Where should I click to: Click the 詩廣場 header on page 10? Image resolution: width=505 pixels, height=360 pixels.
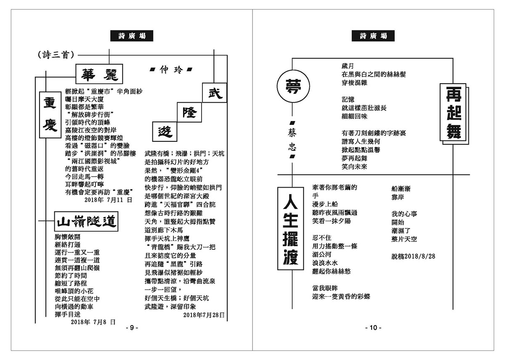click(373, 36)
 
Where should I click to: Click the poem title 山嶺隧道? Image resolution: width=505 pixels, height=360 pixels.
click(86, 221)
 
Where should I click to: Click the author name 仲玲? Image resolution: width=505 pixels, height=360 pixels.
click(170, 70)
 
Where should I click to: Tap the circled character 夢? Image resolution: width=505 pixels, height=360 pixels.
click(293, 84)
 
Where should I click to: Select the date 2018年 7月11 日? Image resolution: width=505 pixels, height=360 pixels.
click(108, 200)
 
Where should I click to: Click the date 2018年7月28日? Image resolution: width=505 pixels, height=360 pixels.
click(204, 314)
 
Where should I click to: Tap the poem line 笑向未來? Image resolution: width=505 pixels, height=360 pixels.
click(354, 167)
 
